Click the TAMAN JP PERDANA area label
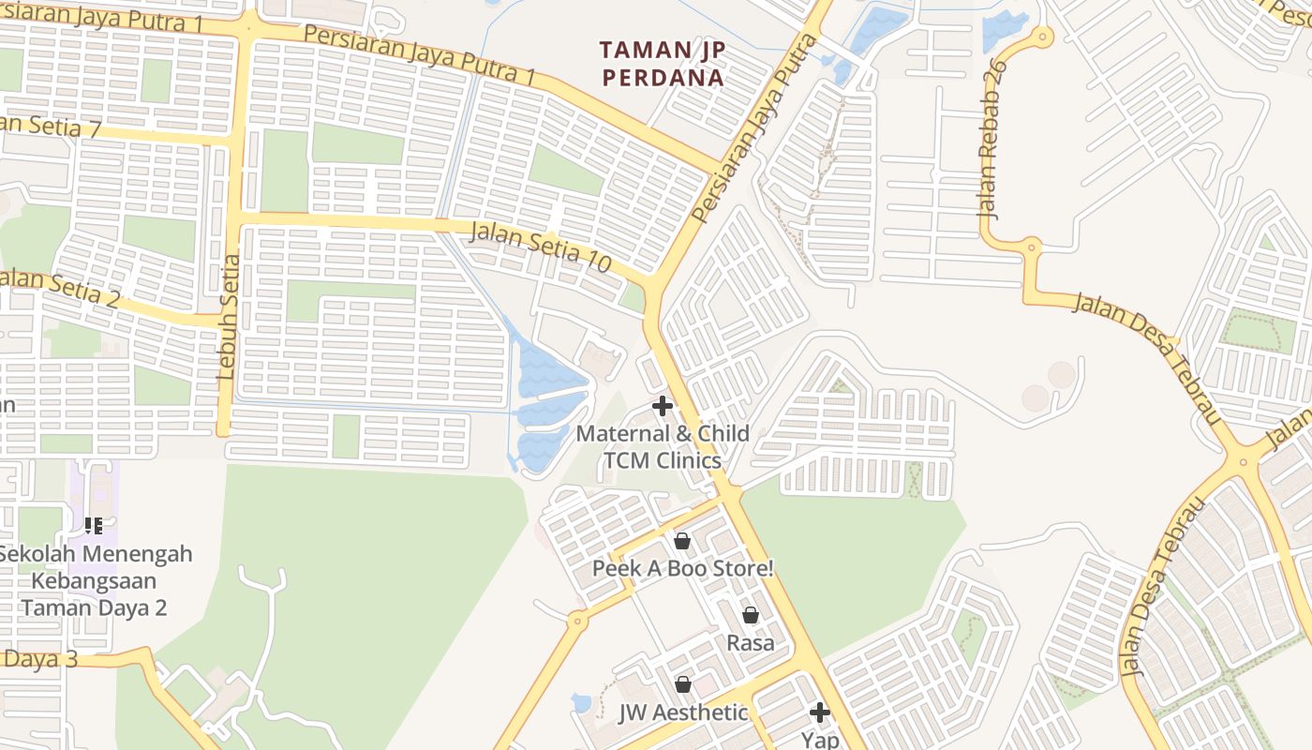point(663,63)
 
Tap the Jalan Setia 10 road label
point(540,248)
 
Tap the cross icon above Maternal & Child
point(663,406)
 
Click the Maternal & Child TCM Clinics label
point(663,447)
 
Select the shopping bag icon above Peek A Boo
point(682,541)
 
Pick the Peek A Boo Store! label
point(683,568)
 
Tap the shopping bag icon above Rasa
point(751,615)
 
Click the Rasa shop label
point(751,642)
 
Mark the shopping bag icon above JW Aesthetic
point(683,684)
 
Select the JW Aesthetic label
point(683,712)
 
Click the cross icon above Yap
point(820,712)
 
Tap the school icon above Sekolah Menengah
point(94,526)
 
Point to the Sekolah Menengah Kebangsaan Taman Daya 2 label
point(94,580)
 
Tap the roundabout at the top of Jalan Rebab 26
point(1041,37)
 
